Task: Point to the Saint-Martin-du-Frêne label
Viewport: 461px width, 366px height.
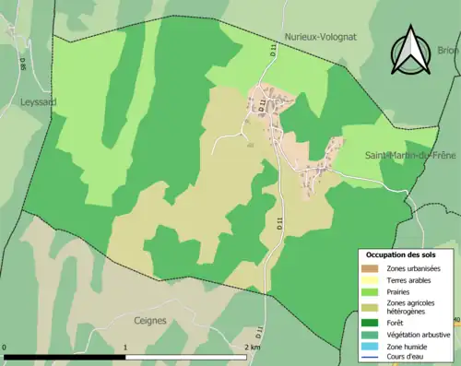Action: click(409, 155)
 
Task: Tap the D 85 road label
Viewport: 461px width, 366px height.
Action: click(22, 64)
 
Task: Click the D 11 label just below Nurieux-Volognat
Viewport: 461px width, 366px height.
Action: click(274, 56)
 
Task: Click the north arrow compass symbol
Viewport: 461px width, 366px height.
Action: click(409, 52)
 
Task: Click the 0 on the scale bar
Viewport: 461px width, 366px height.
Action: click(6, 348)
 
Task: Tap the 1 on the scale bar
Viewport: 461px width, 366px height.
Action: click(125, 348)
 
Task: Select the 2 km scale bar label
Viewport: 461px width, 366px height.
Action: click(252, 348)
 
